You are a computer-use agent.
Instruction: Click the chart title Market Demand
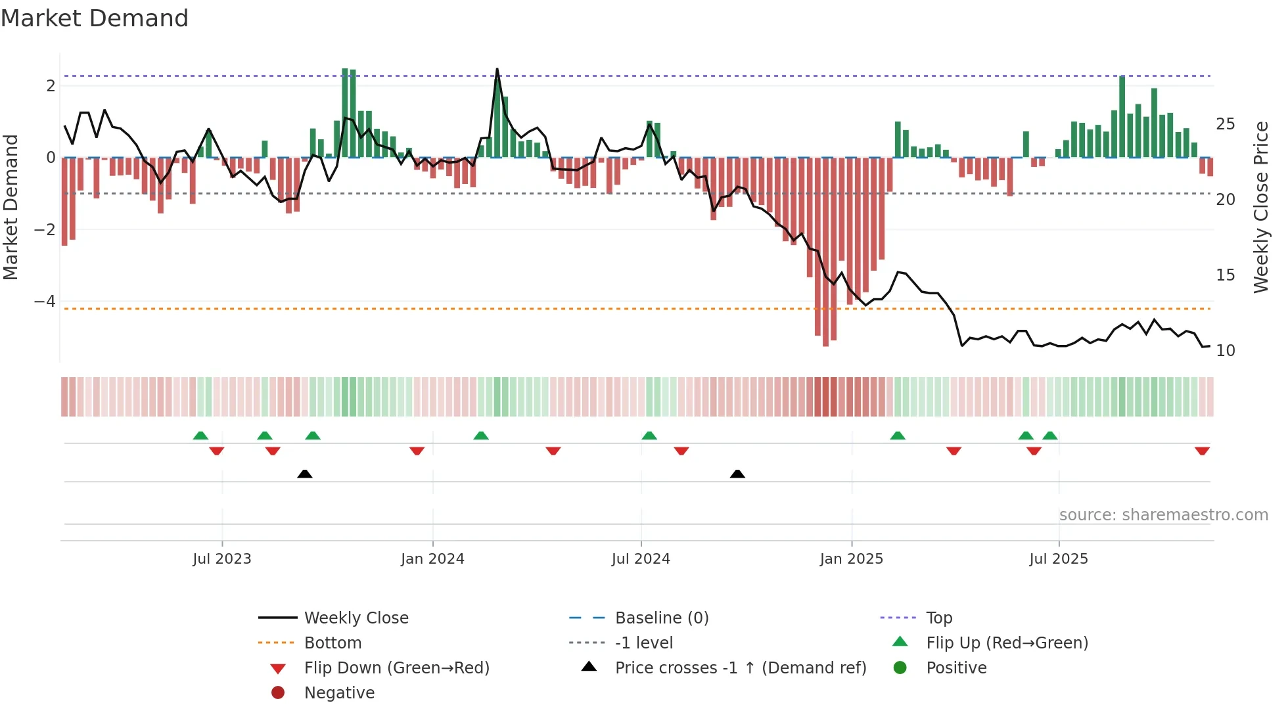tap(95, 18)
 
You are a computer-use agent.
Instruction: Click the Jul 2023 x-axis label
tap(221, 559)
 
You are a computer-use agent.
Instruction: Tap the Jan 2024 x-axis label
tap(432, 559)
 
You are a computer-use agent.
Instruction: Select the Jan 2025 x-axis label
tap(851, 559)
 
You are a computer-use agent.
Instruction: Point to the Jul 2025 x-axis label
tap(1058, 559)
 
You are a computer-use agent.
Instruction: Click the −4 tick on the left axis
tap(45, 302)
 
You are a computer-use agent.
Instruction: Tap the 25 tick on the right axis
tap(1225, 124)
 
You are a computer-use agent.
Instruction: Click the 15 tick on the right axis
tap(1225, 275)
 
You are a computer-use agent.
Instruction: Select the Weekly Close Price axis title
tap(1260, 207)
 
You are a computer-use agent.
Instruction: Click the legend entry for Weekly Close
tap(356, 618)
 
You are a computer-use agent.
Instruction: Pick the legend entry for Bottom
tap(333, 643)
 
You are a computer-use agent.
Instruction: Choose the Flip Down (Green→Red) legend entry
tap(396, 668)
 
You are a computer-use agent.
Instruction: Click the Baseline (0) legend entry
tap(661, 618)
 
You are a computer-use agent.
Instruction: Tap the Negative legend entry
tap(339, 693)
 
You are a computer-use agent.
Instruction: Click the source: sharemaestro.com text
tap(1163, 515)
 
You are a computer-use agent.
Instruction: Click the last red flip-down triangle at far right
tap(1202, 451)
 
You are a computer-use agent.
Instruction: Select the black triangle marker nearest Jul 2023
tap(304, 474)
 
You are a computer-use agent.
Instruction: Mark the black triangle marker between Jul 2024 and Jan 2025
tap(737, 474)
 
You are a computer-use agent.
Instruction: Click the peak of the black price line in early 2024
tap(497, 70)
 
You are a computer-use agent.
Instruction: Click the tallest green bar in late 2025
tap(1122, 117)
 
